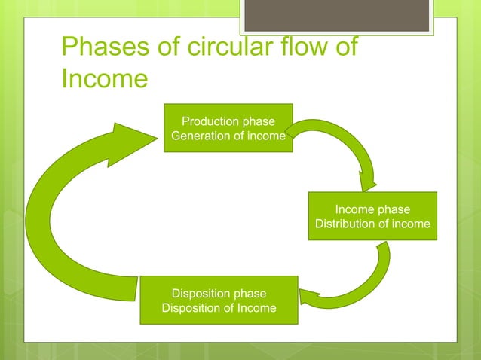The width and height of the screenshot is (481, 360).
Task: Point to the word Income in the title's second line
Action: pyautogui.click(x=103, y=78)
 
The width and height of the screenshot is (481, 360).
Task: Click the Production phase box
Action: pyautogui.click(x=228, y=128)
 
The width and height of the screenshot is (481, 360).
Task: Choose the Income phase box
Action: pyautogui.click(x=372, y=216)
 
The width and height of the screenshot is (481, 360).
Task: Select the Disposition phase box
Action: pyautogui.click(x=219, y=300)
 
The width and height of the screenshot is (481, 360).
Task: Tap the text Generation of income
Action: pyautogui.click(x=228, y=136)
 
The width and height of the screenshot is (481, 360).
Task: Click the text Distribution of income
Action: pyautogui.click(x=372, y=224)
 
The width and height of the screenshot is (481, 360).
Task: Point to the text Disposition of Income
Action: pyautogui.click(x=219, y=308)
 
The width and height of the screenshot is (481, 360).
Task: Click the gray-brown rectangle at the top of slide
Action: pyautogui.click(x=336, y=15)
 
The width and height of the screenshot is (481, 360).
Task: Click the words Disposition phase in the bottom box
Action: pyautogui.click(x=219, y=293)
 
